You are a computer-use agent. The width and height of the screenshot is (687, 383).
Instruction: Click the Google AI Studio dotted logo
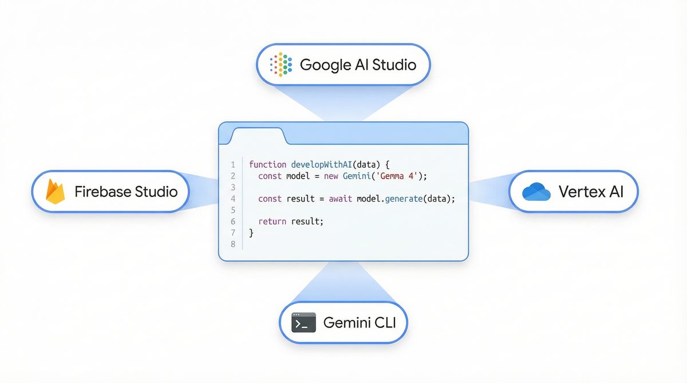(281, 64)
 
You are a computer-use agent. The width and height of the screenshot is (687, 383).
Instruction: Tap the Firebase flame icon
(55, 191)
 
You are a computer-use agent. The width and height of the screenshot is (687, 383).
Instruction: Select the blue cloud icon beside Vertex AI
(536, 192)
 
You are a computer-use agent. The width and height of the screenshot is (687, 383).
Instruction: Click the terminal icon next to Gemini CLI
(303, 323)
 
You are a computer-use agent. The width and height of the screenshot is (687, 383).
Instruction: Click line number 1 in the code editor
(233, 165)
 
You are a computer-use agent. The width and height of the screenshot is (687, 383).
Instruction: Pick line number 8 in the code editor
(232, 244)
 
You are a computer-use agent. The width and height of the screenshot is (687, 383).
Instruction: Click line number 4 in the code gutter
(232, 199)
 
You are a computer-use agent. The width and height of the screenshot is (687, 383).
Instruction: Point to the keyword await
(341, 199)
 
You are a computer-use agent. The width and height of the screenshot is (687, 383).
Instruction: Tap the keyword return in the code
(273, 222)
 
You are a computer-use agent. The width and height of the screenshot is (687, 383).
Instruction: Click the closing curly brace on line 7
(251, 233)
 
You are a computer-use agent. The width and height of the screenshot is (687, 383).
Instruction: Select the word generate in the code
(412, 199)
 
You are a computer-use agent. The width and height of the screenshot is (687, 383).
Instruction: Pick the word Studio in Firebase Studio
(156, 191)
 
